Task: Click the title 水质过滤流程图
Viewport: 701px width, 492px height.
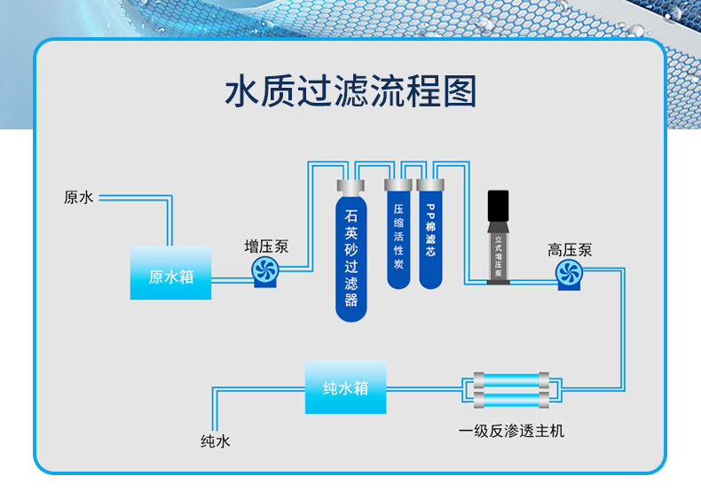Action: coord(350,92)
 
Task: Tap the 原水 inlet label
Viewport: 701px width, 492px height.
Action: coord(78,198)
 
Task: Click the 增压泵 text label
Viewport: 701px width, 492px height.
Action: coord(266,247)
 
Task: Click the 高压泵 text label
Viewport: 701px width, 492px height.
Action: coord(569,251)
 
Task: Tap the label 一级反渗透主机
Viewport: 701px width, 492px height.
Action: coord(511,432)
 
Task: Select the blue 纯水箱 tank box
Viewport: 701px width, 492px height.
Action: coord(345,387)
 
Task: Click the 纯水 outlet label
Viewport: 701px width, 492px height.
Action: coord(215,441)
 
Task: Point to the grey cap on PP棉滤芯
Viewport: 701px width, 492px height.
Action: coord(430,186)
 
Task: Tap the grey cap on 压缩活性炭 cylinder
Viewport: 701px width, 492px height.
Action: coord(398,186)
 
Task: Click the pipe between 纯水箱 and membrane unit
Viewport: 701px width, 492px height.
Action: coord(424,388)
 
